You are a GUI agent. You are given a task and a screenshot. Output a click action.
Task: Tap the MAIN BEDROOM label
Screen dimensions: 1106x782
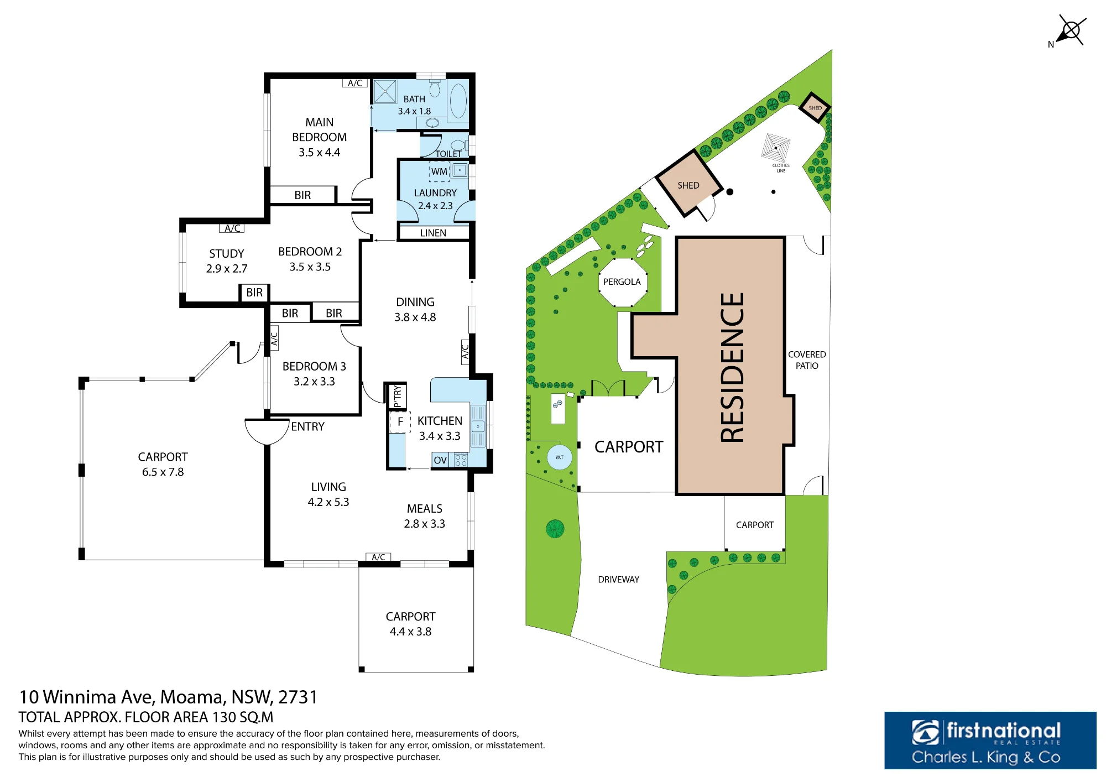(x=319, y=129)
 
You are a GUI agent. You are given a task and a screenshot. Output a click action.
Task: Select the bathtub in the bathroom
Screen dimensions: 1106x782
(x=458, y=101)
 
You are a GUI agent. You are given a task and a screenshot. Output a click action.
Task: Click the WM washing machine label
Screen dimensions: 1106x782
(x=439, y=171)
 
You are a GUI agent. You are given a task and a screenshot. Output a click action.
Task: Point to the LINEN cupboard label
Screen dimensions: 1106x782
(x=433, y=233)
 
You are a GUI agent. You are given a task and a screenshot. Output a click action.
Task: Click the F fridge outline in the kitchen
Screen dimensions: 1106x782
(x=400, y=422)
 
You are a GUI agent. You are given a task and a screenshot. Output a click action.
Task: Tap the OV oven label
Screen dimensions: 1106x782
(x=440, y=460)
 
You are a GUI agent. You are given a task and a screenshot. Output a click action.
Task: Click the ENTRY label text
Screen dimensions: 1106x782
(x=307, y=426)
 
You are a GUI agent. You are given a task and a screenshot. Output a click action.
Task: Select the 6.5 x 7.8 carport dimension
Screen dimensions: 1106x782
(x=163, y=472)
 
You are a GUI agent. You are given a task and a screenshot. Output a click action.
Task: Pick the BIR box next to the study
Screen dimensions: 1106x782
(x=254, y=292)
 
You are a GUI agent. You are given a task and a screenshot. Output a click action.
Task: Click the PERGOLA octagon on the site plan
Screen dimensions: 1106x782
(x=622, y=282)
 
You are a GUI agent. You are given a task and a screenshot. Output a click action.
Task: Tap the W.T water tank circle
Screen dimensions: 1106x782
(x=560, y=457)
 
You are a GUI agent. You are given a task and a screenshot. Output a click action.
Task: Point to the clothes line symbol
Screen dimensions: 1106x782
(x=775, y=148)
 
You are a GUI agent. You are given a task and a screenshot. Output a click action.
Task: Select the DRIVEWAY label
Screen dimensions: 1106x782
(x=618, y=580)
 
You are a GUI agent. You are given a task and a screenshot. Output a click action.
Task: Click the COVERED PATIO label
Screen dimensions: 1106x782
(x=807, y=360)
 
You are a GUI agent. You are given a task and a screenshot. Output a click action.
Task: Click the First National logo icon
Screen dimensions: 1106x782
(x=925, y=732)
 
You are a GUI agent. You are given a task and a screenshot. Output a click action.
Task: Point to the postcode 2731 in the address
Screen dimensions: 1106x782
(x=298, y=697)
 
